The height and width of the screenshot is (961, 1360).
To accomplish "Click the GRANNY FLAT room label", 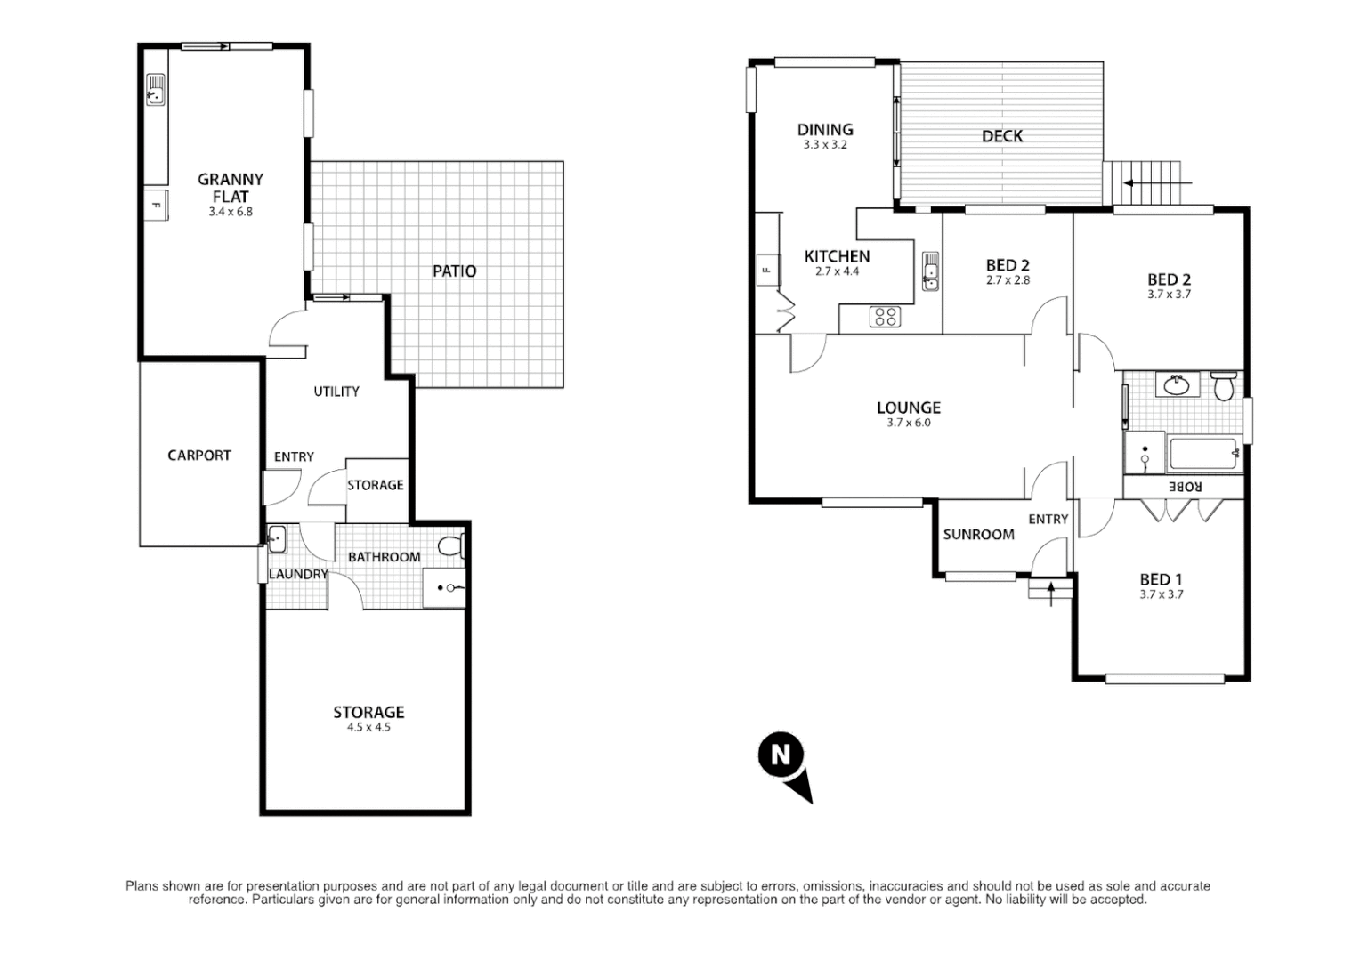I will click(230, 188).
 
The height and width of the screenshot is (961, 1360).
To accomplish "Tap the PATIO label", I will click(454, 271).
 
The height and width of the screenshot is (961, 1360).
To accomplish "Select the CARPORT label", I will click(198, 456).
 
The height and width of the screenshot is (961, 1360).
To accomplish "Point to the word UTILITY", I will click(336, 392).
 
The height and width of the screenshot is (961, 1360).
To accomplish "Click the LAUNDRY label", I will click(298, 575).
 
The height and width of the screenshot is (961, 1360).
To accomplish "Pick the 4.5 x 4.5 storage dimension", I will click(368, 728).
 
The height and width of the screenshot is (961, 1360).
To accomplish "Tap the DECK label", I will click(1001, 136).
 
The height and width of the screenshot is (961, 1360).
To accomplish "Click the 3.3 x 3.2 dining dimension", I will click(825, 145).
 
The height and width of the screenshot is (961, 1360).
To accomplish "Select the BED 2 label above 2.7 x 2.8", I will click(1008, 265).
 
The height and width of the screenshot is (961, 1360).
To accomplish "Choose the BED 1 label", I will click(1160, 579).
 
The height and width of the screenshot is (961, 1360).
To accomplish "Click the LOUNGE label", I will click(908, 408).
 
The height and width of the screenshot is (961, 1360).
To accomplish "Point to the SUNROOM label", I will click(978, 535).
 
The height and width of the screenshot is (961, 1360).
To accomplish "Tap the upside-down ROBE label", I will click(1185, 487).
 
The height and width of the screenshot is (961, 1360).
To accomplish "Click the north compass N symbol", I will click(781, 755).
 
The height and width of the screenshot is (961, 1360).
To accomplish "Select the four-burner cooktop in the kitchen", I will click(884, 316).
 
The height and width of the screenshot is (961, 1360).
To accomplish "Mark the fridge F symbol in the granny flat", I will click(157, 206).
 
